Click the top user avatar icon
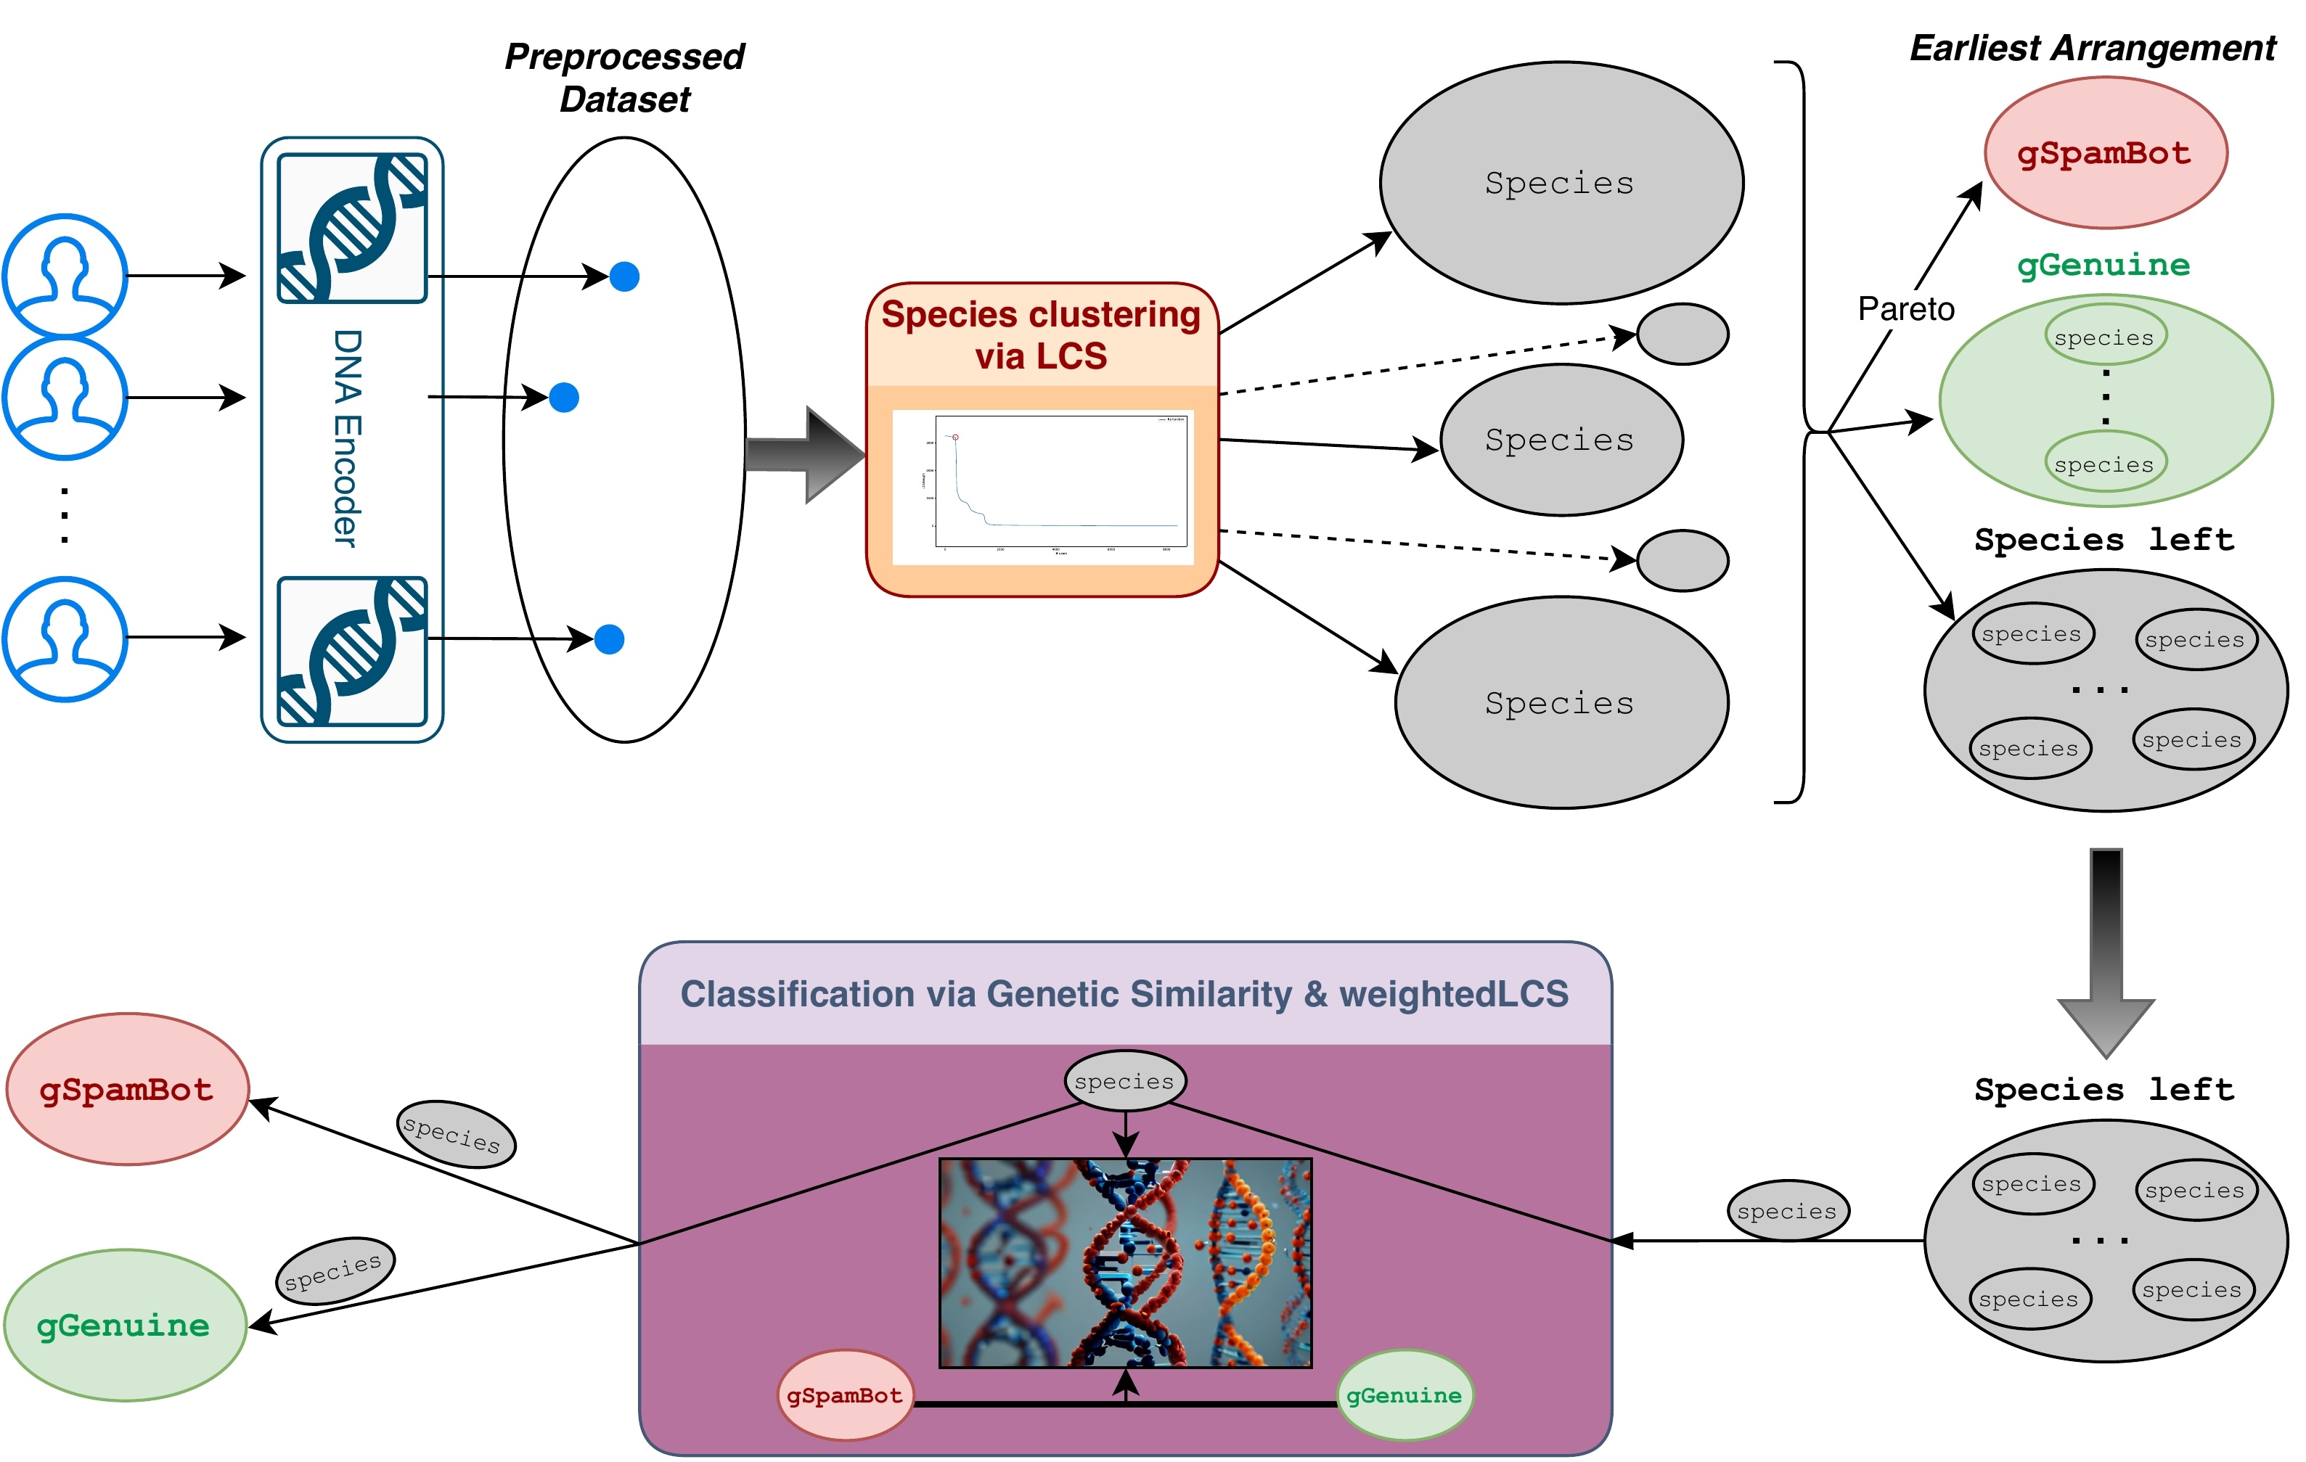pyautogui.click(x=64, y=276)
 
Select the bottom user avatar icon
pyautogui.click(x=64, y=638)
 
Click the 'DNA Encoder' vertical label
pyautogui.click(x=347, y=438)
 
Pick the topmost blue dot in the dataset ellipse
pyautogui.click(x=624, y=276)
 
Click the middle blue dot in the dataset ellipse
pyautogui.click(x=564, y=398)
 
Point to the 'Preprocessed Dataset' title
pyautogui.click(x=624, y=78)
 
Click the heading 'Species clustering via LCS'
pyautogui.click(x=1041, y=335)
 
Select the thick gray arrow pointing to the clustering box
pyautogui.click(x=804, y=455)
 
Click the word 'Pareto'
pyautogui.click(x=1906, y=309)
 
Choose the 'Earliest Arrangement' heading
pyautogui.click(x=2093, y=48)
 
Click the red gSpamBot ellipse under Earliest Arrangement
pyautogui.click(x=2105, y=153)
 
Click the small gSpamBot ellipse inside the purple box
pyautogui.click(x=845, y=1395)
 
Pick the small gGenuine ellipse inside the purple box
pyautogui.click(x=1404, y=1395)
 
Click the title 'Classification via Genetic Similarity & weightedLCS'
pyautogui.click(x=1124, y=994)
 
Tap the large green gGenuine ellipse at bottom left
pyautogui.click(x=125, y=1325)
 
